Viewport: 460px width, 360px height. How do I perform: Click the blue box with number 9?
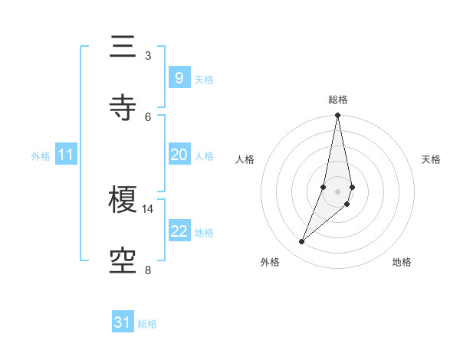coord(179,77)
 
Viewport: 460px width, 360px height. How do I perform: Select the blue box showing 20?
coord(179,155)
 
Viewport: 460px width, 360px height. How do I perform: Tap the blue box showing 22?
coord(179,231)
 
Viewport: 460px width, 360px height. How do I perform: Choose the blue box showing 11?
coord(66,155)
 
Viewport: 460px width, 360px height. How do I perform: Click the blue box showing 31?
coord(123,322)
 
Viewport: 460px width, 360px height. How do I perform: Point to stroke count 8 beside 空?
coord(148,270)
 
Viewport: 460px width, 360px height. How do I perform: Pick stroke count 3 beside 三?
coord(148,56)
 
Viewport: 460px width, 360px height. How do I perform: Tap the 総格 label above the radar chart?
coord(338,100)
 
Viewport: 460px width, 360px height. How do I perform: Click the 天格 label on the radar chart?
coord(432,159)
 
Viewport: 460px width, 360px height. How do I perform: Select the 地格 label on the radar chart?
coord(402,262)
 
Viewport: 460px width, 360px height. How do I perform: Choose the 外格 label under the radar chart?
coord(270,262)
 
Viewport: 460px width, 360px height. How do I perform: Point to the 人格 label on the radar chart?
coord(245,159)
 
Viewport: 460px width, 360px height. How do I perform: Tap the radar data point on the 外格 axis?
coord(301,242)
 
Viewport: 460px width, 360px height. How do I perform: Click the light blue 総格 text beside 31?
coord(147,324)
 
